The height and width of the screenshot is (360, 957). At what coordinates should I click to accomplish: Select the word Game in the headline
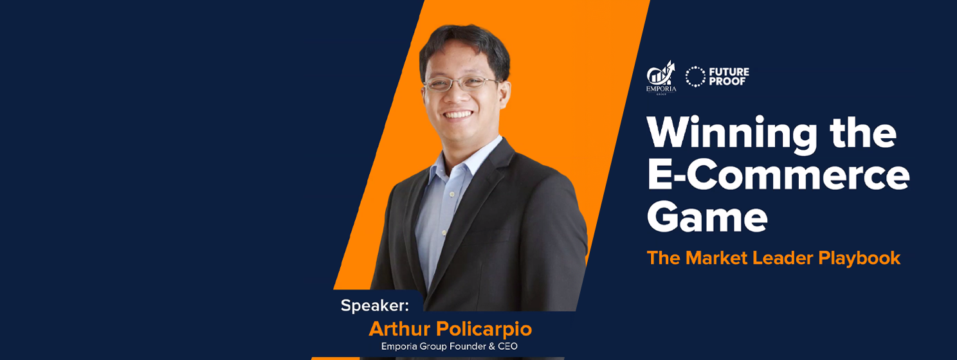pos(707,218)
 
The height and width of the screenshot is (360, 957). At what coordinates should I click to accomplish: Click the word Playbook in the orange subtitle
pos(859,258)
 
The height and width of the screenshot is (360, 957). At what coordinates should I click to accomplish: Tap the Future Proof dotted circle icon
pos(695,76)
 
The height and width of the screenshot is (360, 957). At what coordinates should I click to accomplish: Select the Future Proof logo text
pos(729,76)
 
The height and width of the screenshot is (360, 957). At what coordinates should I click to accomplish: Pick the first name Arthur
pos(399,329)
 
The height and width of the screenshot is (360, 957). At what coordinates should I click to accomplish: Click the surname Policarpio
pos(484,329)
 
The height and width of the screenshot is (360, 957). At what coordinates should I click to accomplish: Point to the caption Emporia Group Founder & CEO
pos(450,346)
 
